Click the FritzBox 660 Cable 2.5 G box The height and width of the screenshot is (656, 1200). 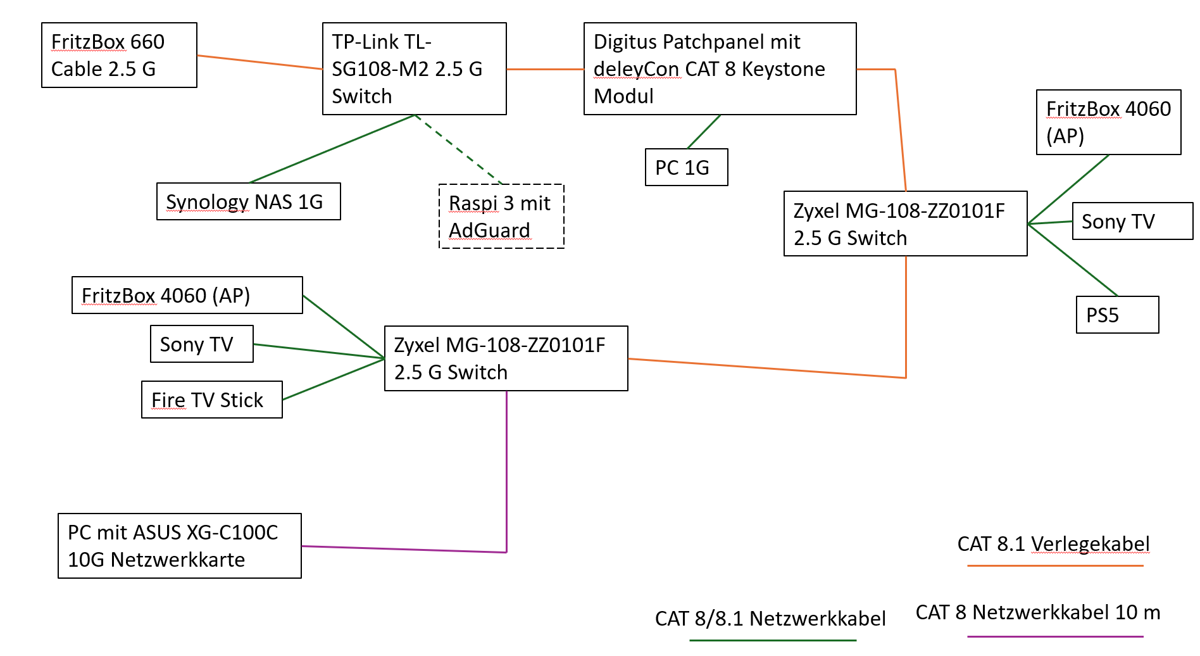(119, 55)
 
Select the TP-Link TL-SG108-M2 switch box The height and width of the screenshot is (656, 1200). (414, 68)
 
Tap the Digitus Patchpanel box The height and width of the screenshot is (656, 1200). (720, 68)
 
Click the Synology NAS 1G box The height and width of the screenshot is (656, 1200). (248, 201)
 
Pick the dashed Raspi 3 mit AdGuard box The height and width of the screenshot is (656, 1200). (501, 217)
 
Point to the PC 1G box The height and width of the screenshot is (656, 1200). (686, 167)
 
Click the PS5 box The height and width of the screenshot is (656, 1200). (1117, 315)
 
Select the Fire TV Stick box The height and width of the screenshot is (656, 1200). (211, 400)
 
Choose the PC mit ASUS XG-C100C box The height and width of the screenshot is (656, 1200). (179, 546)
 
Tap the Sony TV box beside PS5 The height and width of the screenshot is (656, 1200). (1132, 221)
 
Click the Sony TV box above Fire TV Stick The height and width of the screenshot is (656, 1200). (201, 344)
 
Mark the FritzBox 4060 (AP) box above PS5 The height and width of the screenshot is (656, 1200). (1108, 122)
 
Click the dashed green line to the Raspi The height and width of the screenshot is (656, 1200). (458, 149)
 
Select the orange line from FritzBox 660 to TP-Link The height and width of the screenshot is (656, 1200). (259, 62)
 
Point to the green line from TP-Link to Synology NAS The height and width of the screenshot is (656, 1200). (332, 149)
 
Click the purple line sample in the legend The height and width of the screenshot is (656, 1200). (1055, 636)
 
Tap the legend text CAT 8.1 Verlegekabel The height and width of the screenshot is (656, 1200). (1053, 544)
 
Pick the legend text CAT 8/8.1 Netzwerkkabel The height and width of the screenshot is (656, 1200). (770, 619)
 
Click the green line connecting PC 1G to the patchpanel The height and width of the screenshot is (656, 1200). (704, 132)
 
